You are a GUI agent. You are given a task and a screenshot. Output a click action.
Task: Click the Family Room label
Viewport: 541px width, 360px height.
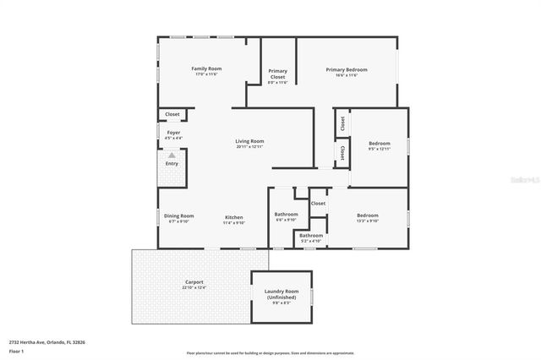click(205, 68)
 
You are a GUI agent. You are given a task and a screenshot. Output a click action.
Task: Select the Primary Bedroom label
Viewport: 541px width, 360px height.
click(347, 70)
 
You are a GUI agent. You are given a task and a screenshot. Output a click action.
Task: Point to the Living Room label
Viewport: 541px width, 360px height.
click(249, 142)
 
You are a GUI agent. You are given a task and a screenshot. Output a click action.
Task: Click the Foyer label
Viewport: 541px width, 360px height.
click(172, 133)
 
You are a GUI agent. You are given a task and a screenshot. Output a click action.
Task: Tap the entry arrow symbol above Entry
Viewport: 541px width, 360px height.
click(172, 155)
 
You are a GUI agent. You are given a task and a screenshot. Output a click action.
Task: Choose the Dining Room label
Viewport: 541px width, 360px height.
click(178, 215)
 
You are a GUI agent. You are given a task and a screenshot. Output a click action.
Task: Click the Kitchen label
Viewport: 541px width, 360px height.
click(233, 215)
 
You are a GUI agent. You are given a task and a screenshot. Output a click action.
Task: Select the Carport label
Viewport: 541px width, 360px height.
click(194, 282)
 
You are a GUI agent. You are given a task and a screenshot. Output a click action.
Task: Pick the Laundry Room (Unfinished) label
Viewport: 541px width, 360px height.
click(282, 294)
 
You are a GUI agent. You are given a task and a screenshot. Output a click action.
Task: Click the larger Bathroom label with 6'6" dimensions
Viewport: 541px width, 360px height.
click(287, 215)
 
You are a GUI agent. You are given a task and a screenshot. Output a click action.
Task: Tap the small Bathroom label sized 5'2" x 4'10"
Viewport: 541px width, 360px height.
click(311, 236)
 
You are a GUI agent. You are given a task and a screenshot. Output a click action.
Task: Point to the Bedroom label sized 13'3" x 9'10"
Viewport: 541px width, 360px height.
click(367, 215)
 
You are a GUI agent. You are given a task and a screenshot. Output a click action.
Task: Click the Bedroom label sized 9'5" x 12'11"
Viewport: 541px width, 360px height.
click(380, 144)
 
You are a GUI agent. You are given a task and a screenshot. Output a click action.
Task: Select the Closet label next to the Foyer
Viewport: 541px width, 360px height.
click(172, 114)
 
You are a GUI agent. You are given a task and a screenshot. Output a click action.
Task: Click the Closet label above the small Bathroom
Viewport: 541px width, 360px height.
click(318, 203)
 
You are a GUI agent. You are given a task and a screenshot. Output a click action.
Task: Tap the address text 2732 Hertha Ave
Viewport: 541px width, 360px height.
click(46, 342)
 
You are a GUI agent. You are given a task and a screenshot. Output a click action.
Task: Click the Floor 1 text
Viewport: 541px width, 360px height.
click(15, 350)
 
